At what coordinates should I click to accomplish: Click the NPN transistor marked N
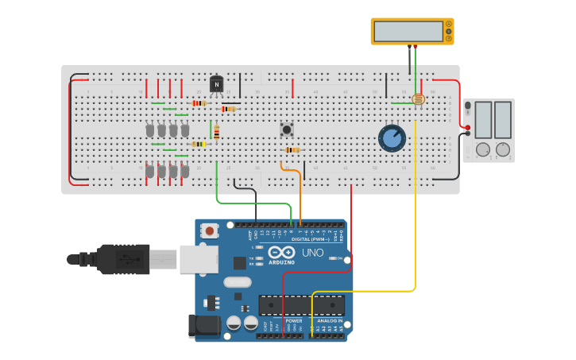click(x=216, y=83)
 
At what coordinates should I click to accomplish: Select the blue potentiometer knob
click(x=392, y=137)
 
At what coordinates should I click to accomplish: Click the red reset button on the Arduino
click(x=209, y=230)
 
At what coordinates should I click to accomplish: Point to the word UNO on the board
click(x=312, y=253)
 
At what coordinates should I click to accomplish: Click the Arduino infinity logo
click(x=281, y=252)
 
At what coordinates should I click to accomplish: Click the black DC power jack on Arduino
click(x=203, y=326)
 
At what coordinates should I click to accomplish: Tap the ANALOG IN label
click(x=330, y=320)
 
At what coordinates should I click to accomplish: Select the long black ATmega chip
click(x=302, y=305)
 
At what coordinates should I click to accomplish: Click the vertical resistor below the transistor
click(x=216, y=132)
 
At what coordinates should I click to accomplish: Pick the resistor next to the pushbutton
click(x=292, y=149)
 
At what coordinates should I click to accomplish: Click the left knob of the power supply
click(x=482, y=149)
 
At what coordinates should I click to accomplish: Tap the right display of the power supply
click(x=503, y=119)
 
